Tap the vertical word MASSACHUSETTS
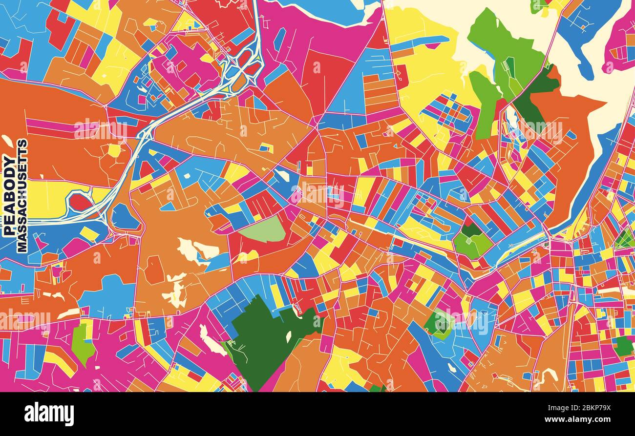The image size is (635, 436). [x=22, y=195]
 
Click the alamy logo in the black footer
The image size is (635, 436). [x=49, y=414]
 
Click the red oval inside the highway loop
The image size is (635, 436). [x=80, y=202]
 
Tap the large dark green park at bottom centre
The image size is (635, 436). [x=264, y=337]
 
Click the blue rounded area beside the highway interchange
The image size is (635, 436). [x=125, y=217]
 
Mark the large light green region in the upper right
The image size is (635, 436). [x=503, y=54]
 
